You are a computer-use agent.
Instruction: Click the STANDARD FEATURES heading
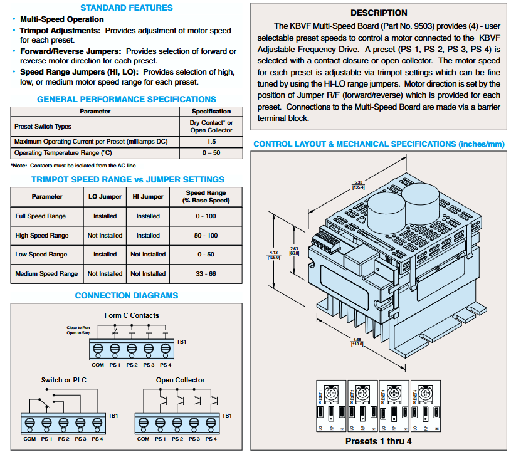pos(127,8)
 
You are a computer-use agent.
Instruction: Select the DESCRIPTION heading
pos(379,13)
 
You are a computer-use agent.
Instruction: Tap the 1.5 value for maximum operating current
pos(211,142)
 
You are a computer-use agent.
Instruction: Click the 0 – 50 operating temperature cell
pos(211,153)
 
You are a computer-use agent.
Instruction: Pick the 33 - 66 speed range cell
pos(205,274)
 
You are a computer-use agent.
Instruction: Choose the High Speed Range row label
pos(41,236)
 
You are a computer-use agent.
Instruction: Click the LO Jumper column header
pos(105,197)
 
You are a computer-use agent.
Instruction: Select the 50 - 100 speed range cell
pos(205,236)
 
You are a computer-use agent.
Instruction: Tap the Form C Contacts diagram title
pos(132,315)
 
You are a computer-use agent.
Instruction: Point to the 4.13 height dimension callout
pos(273,253)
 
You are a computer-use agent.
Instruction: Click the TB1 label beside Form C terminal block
pos(182,342)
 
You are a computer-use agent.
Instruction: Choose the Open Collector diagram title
pos(181,380)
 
